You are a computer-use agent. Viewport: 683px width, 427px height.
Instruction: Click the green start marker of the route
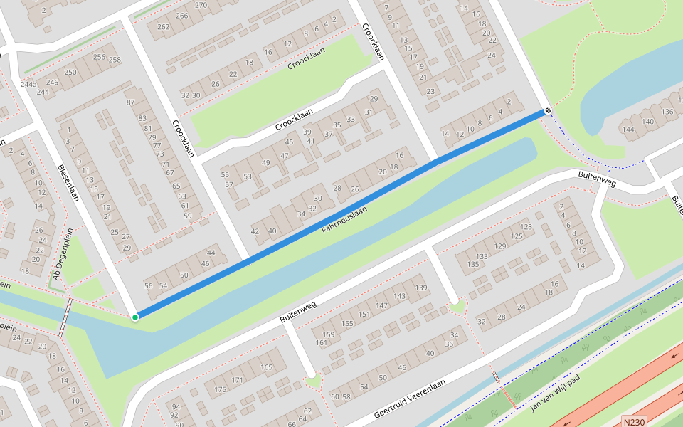(135, 317)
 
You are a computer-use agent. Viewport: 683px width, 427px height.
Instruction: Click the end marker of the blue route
(547, 110)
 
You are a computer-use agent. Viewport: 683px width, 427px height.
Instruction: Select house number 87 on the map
(130, 103)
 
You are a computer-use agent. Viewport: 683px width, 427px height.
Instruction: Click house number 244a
(28, 85)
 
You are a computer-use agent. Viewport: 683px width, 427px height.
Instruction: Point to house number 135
(472, 265)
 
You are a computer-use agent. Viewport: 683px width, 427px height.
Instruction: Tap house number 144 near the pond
(628, 129)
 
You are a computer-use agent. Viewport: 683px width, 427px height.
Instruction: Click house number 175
(220, 390)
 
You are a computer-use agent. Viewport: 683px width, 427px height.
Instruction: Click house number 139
(421, 288)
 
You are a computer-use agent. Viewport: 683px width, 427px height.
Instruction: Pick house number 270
(201, 4)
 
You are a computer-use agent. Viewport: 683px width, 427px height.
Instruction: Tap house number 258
(115, 60)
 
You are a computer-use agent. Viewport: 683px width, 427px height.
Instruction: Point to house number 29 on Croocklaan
(373, 99)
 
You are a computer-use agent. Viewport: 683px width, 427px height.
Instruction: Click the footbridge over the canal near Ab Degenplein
(65, 317)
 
